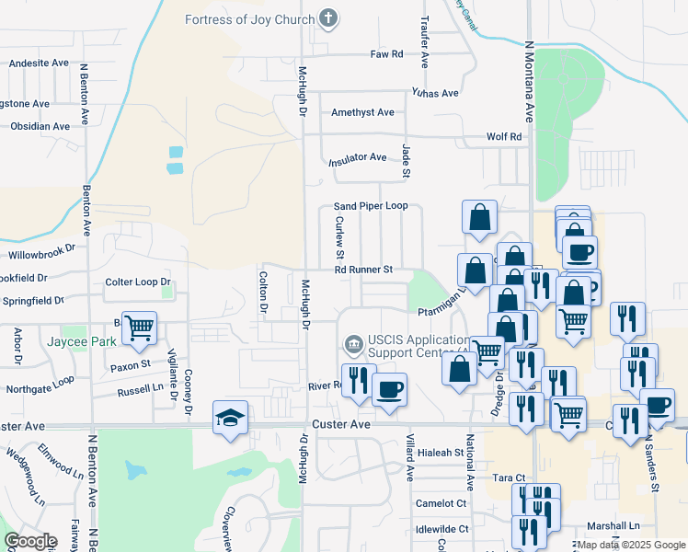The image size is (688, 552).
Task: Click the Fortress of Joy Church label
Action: pyautogui.click(x=250, y=18)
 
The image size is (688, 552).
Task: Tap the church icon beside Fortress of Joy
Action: pyautogui.click(x=328, y=18)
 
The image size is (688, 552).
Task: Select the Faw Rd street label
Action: pyautogui.click(x=386, y=54)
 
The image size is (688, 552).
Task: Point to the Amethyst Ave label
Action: pyautogui.click(x=362, y=112)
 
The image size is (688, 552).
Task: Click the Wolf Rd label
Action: pyautogui.click(x=504, y=137)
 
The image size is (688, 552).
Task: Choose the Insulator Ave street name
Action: pyautogui.click(x=358, y=158)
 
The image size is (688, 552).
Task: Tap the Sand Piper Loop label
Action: pyautogui.click(x=370, y=206)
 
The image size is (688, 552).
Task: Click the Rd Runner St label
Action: pyautogui.click(x=363, y=270)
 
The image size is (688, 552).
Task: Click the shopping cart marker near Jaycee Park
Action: pyautogui.click(x=139, y=327)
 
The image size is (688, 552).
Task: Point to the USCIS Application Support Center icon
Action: pyautogui.click(x=352, y=345)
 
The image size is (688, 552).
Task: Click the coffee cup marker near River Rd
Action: pyautogui.click(x=389, y=389)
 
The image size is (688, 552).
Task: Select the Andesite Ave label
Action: pyautogui.click(x=40, y=63)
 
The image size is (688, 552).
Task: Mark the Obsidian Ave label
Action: pyautogui.click(x=40, y=126)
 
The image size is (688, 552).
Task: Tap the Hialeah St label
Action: pyautogui.click(x=439, y=453)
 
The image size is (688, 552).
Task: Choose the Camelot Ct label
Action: pyautogui.click(x=441, y=503)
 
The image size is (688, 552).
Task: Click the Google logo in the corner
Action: pyautogui.click(x=31, y=541)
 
